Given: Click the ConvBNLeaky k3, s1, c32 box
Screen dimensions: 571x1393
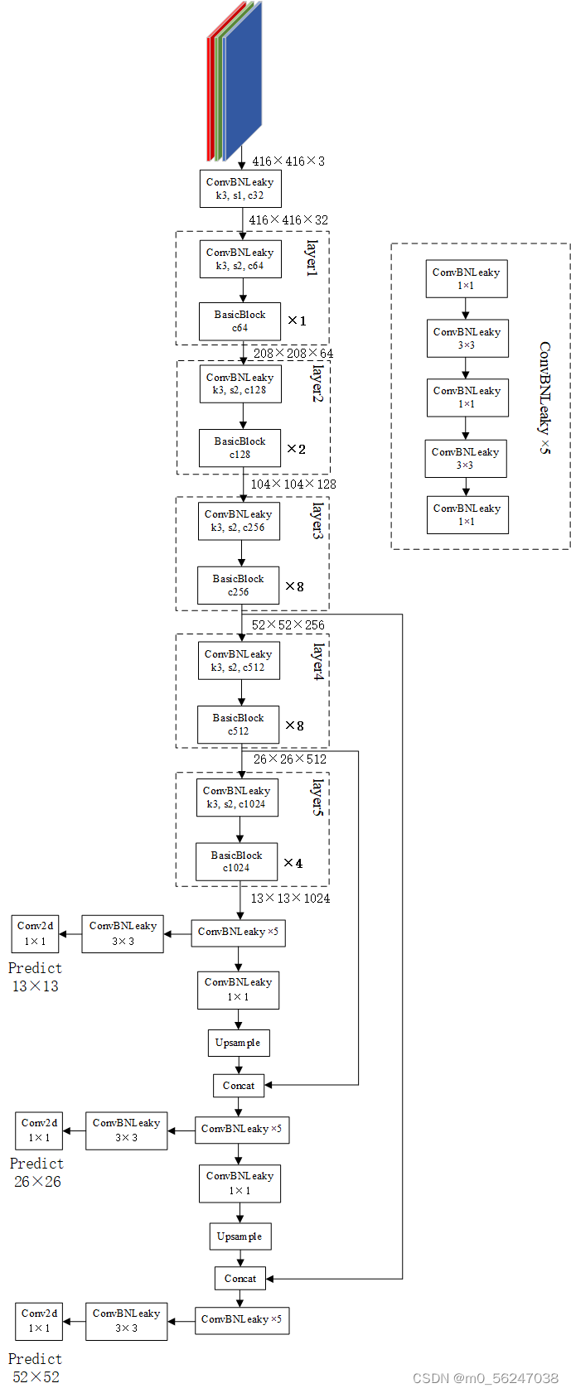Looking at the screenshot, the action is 240,189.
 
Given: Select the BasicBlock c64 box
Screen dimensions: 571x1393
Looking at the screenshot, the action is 240,321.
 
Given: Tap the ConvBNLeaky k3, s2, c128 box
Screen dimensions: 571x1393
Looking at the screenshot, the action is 240,384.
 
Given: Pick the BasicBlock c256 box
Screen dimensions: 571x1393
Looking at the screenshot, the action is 238,586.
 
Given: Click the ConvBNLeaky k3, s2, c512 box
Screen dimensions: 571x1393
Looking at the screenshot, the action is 238,660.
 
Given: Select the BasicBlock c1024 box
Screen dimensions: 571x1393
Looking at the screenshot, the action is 236,862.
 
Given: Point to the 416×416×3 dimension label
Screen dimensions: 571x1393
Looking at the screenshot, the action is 288,161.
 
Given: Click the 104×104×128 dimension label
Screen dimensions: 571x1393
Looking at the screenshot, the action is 293,484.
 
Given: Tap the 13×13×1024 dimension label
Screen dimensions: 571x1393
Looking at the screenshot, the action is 291,898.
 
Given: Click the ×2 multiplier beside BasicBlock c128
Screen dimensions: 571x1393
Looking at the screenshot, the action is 296,449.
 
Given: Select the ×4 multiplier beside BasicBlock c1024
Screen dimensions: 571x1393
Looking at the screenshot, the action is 293,863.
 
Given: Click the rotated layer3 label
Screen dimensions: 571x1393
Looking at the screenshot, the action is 317,521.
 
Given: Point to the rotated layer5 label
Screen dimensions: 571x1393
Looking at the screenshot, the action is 317,798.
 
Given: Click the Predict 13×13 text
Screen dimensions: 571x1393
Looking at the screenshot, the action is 36,977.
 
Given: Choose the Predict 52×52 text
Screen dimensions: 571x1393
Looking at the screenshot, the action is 36,1367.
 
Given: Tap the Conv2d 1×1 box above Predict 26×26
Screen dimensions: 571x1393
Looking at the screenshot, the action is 39,1130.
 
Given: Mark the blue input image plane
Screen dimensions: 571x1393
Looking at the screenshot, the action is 243,81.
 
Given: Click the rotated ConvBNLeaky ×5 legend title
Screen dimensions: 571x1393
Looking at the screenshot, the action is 544,398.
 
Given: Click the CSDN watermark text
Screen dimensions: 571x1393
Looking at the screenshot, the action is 486,1378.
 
